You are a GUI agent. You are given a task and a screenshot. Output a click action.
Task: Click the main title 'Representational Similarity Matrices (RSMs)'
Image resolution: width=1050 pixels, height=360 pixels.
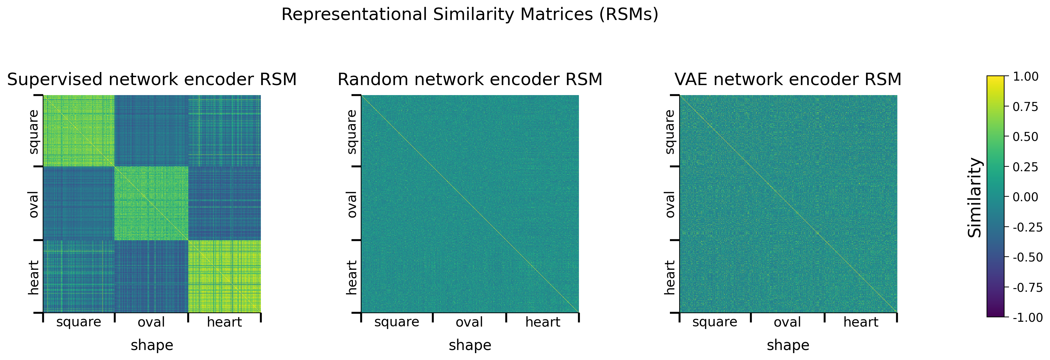point(470,15)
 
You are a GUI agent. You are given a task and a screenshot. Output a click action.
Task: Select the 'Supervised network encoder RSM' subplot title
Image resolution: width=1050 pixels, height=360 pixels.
point(152,79)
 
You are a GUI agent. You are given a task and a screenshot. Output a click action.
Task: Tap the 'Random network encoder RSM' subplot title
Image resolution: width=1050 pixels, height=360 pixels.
point(470,79)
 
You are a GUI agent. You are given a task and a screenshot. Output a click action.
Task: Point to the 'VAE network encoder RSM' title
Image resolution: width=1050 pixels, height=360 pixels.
point(788,79)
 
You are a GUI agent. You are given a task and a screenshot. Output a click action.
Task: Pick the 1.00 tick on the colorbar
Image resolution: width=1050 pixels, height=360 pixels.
point(1026,76)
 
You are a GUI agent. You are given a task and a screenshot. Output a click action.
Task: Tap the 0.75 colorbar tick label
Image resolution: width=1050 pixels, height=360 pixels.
point(1026,106)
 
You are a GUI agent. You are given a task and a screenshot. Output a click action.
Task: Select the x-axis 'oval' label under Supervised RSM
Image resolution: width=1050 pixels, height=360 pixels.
point(151,322)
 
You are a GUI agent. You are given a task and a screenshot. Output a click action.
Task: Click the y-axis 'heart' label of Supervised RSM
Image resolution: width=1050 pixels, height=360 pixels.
point(33,277)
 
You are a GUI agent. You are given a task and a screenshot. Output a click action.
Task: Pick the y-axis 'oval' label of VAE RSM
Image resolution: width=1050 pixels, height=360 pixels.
point(670,204)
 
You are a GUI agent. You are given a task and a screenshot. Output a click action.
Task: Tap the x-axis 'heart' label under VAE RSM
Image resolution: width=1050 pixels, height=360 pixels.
point(861,322)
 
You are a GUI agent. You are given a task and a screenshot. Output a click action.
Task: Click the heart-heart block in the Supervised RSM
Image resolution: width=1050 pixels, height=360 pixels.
point(225,276)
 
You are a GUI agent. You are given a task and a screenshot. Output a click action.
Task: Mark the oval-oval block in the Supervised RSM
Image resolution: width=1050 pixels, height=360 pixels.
point(151,203)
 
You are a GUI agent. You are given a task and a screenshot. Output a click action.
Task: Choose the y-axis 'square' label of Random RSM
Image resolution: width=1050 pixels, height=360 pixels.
point(351,132)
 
